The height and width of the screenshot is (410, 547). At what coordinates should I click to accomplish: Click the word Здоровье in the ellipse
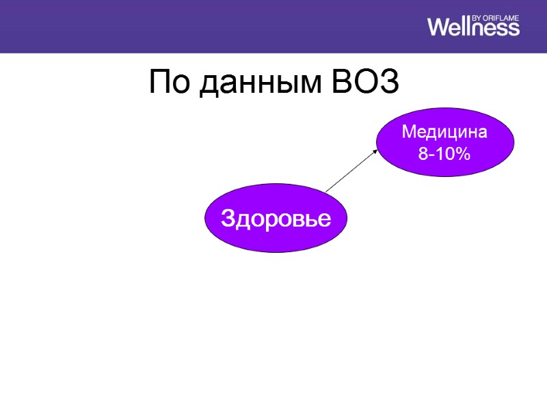(x=276, y=219)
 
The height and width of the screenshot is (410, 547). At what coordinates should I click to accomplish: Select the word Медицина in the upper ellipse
(x=444, y=131)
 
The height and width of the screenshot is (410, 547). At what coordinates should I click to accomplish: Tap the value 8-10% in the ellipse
(x=444, y=154)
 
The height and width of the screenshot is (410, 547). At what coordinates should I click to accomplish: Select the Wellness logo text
(x=473, y=27)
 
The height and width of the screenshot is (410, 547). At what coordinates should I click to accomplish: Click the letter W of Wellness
(x=439, y=27)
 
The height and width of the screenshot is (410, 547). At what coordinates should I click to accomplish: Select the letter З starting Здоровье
(x=227, y=219)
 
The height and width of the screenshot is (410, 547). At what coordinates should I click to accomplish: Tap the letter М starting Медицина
(x=408, y=131)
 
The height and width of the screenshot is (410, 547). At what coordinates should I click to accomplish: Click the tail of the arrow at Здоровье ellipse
(x=327, y=191)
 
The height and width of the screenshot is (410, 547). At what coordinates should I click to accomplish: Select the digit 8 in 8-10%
(x=423, y=154)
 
